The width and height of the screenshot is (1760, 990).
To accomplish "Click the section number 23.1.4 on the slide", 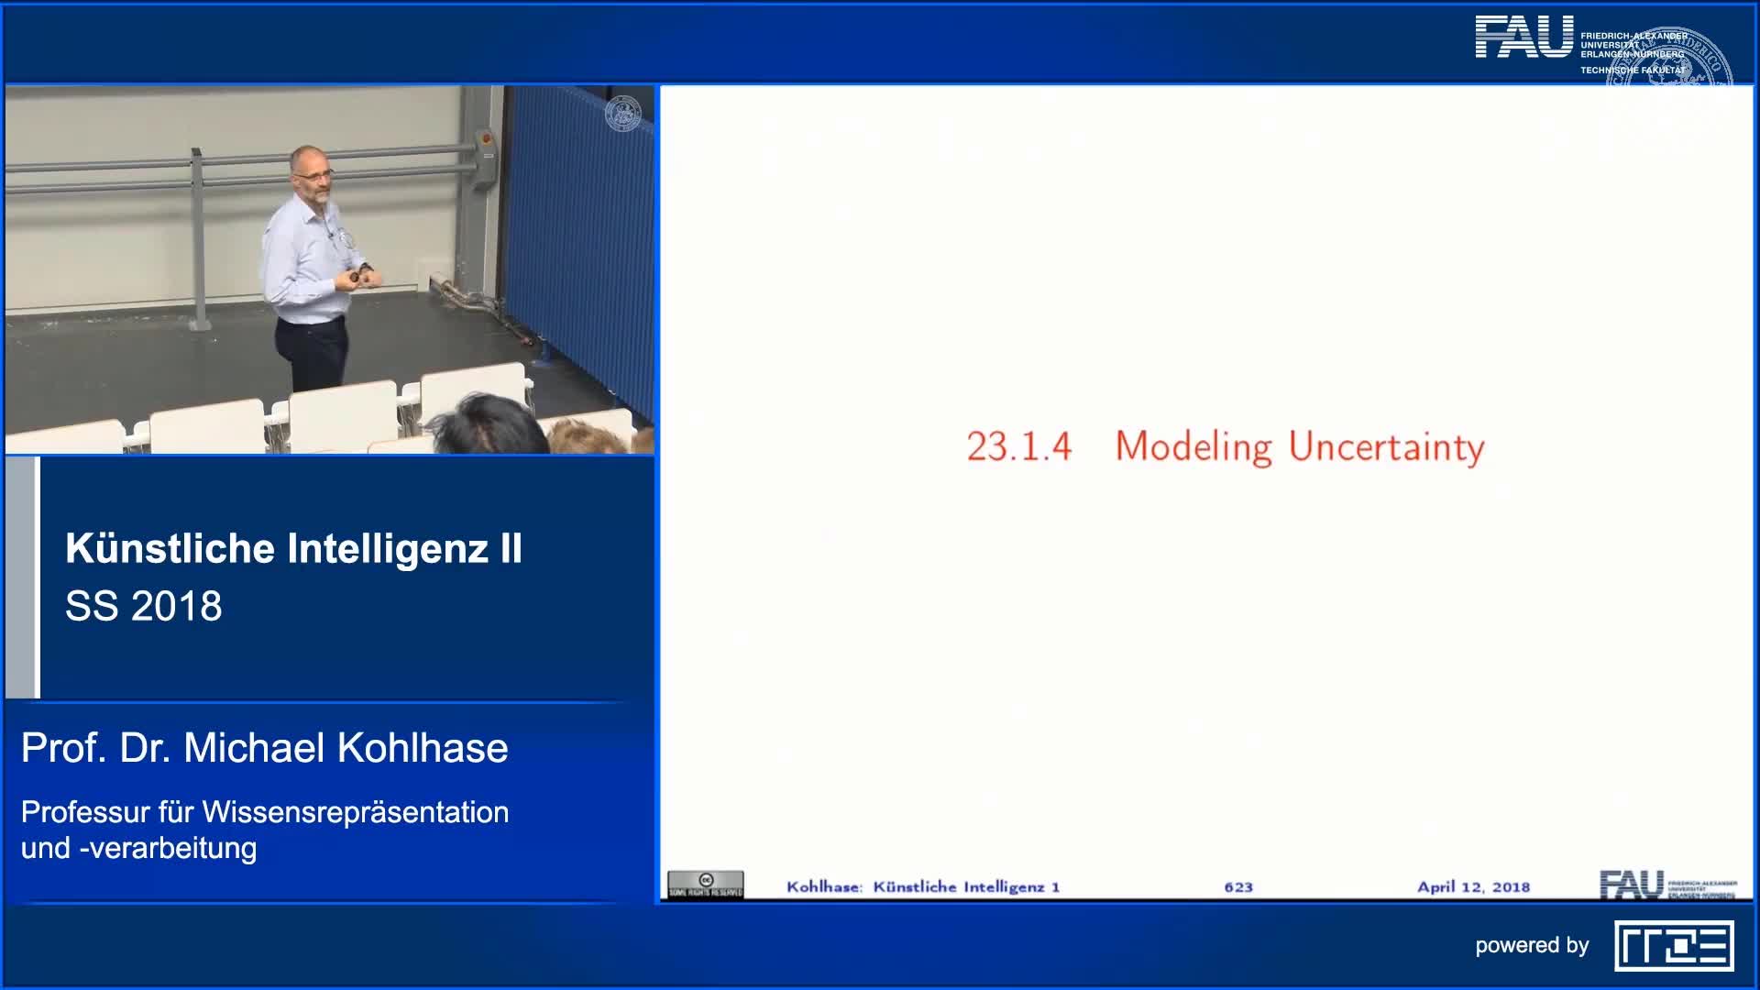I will (x=1018, y=447).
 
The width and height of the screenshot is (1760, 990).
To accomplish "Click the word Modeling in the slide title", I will (x=1193, y=447).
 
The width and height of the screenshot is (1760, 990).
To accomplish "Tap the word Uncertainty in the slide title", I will (x=1386, y=447).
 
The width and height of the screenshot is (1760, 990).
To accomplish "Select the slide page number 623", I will (x=1237, y=886).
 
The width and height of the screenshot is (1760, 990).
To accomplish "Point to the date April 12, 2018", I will (x=1473, y=886).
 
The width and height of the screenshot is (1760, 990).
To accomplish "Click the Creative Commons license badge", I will (x=705, y=885).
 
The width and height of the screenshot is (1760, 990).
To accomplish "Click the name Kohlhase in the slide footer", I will (x=823, y=886).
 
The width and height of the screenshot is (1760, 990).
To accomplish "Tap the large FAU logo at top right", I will (x=1523, y=38).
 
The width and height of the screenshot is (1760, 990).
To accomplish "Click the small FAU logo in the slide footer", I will (x=1632, y=885).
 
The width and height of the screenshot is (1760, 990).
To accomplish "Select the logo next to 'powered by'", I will (x=1674, y=946).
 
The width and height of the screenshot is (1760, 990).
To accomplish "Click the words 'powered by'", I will (x=1531, y=945).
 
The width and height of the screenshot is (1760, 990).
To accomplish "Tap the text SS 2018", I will (x=144, y=606).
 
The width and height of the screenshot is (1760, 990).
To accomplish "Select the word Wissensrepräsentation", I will (x=355, y=812).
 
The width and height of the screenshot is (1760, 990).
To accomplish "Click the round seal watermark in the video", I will (x=623, y=114).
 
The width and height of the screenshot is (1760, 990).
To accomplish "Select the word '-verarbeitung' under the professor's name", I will (x=168, y=848).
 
